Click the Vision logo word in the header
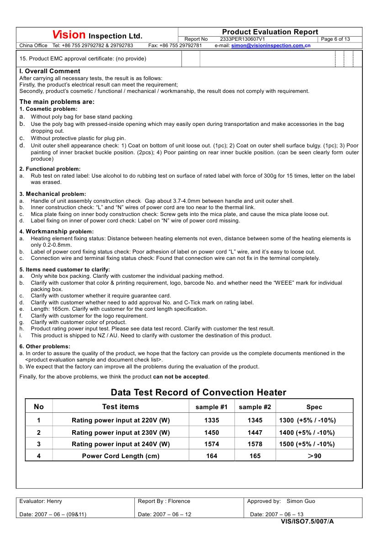[69, 35]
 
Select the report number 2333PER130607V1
[242, 39]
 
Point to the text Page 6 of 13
[336, 39]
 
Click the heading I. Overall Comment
[50, 71]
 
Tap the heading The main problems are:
[57, 102]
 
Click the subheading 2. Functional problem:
[50, 169]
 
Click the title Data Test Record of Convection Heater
[198, 392]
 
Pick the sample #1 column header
[212, 407]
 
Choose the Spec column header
[314, 407]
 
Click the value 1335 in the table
[212, 420]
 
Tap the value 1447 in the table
[255, 432]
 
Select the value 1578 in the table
[255, 444]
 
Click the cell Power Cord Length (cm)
[121, 456]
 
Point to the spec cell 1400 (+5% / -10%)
[307, 432]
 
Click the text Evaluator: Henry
[41, 501]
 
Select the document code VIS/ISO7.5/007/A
[307, 521]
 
